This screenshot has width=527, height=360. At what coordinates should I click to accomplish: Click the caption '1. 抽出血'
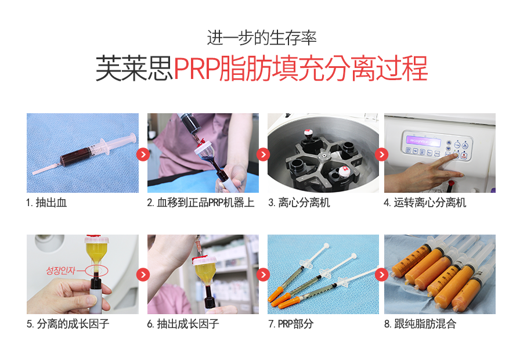click(46, 203)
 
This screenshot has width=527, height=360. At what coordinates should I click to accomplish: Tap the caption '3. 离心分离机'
click(299, 203)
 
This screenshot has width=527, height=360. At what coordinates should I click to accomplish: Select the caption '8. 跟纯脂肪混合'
click(420, 324)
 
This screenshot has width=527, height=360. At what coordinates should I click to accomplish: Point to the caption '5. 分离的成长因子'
click(68, 324)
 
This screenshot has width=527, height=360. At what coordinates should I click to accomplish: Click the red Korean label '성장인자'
click(61, 271)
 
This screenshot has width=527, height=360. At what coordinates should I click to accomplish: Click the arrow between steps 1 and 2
click(143, 154)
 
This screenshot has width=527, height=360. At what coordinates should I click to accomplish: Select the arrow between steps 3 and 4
click(381, 154)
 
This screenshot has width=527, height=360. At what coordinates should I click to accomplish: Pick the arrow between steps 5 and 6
click(143, 275)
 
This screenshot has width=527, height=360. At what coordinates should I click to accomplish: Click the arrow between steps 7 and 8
click(381, 275)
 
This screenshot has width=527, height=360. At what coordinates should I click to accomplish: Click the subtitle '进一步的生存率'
click(262, 38)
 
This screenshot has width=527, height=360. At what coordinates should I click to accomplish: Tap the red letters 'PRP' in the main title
click(196, 69)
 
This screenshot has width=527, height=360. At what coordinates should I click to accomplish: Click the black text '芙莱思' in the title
click(134, 69)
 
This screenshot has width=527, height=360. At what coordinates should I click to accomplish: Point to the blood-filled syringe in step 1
click(85, 154)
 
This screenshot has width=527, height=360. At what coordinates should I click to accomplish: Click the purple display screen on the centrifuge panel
click(423, 141)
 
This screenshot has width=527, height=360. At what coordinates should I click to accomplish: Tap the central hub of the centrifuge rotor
click(323, 155)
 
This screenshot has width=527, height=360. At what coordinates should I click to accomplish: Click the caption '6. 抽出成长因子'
click(183, 324)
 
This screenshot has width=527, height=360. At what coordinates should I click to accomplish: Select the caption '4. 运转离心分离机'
click(425, 203)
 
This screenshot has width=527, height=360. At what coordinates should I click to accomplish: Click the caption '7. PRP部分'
click(291, 324)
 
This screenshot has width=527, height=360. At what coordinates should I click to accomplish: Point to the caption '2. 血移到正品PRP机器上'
click(201, 203)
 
